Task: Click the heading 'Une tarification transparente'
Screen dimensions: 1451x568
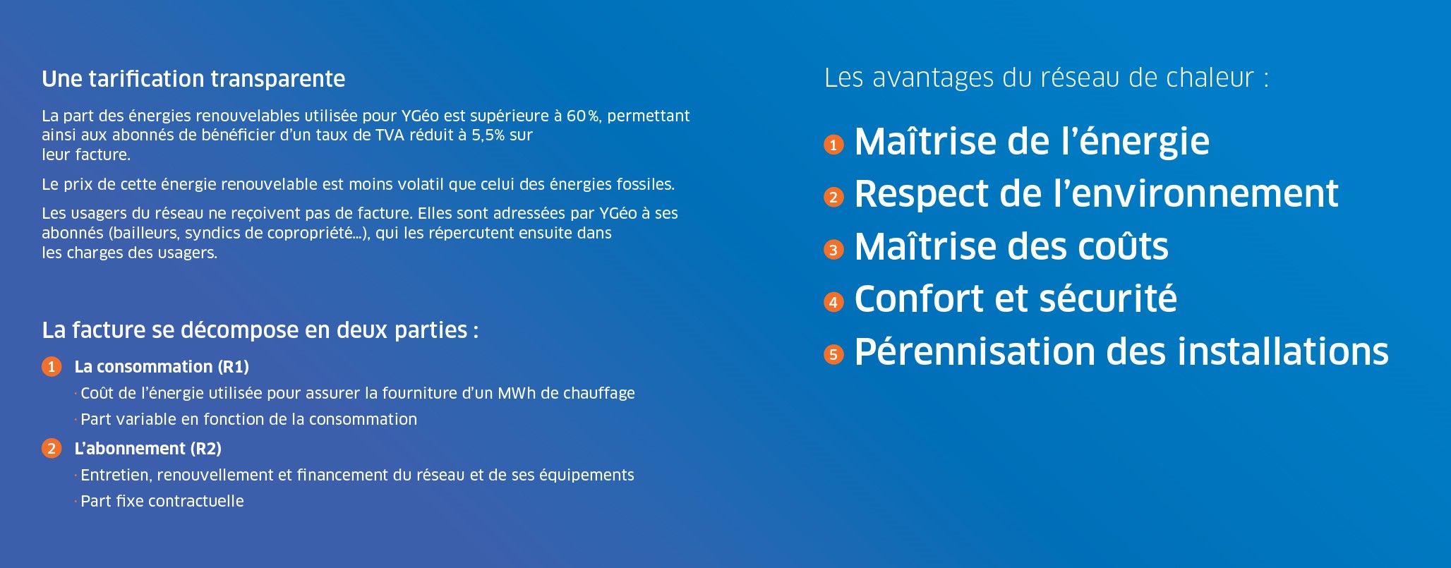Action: (x=193, y=79)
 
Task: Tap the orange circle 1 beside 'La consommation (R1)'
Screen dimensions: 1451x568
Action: (x=52, y=367)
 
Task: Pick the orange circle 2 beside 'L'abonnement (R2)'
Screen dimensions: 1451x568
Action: (x=52, y=449)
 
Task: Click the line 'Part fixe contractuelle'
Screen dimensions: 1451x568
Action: (x=162, y=501)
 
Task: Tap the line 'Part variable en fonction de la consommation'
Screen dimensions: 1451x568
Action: (x=248, y=419)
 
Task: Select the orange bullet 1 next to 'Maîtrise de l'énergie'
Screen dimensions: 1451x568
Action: (x=833, y=145)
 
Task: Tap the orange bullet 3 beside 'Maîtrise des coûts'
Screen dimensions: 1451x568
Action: (x=833, y=250)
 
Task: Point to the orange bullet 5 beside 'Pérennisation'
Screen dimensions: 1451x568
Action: (x=833, y=354)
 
